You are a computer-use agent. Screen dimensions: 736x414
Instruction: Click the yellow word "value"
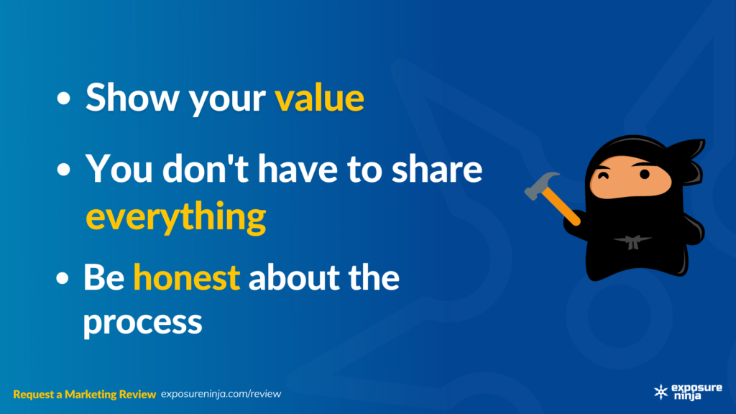pyautogui.click(x=319, y=98)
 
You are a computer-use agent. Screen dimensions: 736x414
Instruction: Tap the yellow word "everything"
pyautogui.click(x=176, y=217)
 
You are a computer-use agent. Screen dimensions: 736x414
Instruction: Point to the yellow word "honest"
pyautogui.click(x=187, y=277)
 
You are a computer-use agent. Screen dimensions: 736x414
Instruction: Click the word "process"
pyautogui.click(x=143, y=323)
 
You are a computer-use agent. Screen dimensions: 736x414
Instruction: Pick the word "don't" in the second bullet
pyautogui.click(x=206, y=168)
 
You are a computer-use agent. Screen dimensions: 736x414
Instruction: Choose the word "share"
pyautogui.click(x=437, y=168)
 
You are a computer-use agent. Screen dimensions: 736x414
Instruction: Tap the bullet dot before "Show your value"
pyautogui.click(x=63, y=98)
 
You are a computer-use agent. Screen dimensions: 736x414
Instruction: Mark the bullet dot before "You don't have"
pyautogui.click(x=63, y=170)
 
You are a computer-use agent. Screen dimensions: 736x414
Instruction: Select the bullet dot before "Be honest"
pyautogui.click(x=62, y=278)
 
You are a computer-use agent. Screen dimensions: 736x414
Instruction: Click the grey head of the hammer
pyautogui.click(x=540, y=185)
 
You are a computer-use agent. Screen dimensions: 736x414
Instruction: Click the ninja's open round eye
pyautogui.click(x=645, y=174)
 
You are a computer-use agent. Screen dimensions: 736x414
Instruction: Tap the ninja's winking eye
pyautogui.click(x=603, y=176)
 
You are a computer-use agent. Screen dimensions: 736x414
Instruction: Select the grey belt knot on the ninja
pyautogui.click(x=632, y=242)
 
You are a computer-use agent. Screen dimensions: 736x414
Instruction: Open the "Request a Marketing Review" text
pyautogui.click(x=85, y=395)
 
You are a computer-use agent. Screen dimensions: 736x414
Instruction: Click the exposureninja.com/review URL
pyautogui.click(x=221, y=394)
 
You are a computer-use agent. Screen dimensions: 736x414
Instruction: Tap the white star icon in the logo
pyautogui.click(x=661, y=392)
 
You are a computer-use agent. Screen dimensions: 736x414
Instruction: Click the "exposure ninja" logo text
pyautogui.click(x=696, y=392)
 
